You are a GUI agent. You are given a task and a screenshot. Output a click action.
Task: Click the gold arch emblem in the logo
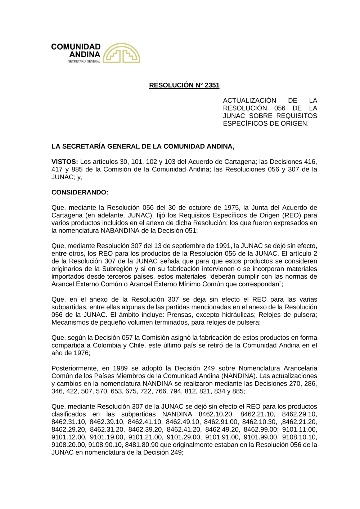click(121, 53)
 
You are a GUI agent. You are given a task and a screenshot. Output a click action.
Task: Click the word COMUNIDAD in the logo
click(76, 47)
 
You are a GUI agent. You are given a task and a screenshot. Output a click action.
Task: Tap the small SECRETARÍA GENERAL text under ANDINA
click(84, 62)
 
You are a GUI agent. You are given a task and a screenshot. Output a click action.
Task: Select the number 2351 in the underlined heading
click(212, 85)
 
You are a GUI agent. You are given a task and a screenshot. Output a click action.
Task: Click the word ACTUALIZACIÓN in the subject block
click(249, 100)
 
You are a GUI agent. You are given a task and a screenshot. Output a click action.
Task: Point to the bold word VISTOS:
click(65, 162)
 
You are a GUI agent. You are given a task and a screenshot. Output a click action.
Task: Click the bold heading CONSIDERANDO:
click(80, 192)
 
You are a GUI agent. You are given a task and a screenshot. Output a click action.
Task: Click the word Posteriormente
click(75, 368)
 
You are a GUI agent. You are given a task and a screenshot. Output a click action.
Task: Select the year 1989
click(121, 368)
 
